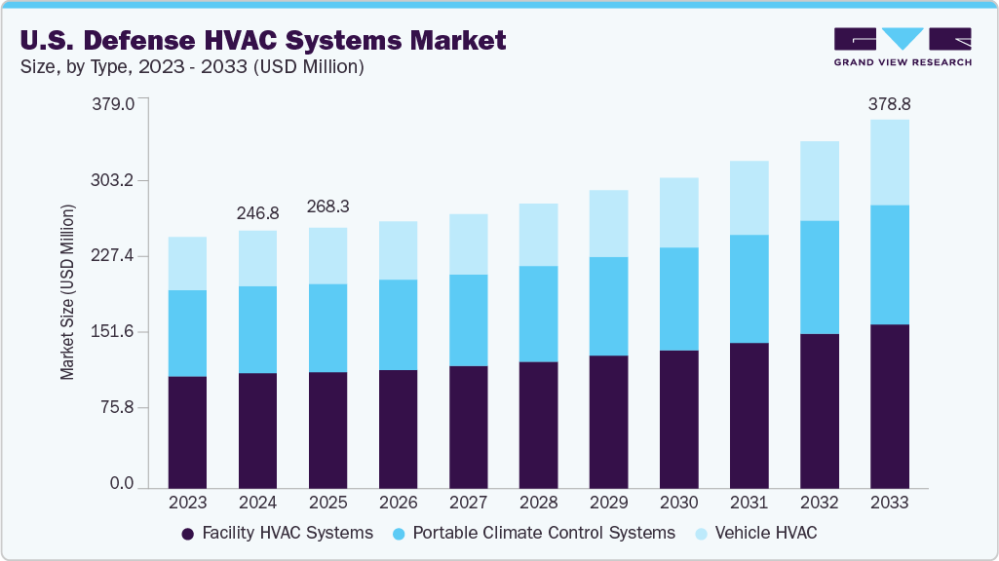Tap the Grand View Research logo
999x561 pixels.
(903, 46)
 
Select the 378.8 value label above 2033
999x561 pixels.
(889, 103)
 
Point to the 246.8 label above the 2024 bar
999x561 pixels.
(257, 213)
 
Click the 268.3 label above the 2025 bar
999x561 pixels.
(327, 207)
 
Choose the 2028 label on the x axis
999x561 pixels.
(538, 503)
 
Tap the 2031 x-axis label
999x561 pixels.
(749, 503)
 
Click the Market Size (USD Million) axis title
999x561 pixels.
(67, 292)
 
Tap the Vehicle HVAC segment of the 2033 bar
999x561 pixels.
(889, 163)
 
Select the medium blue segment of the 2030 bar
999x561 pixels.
(678, 299)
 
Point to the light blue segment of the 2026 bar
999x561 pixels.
(398, 250)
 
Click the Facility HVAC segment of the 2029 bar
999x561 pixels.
(608, 422)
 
